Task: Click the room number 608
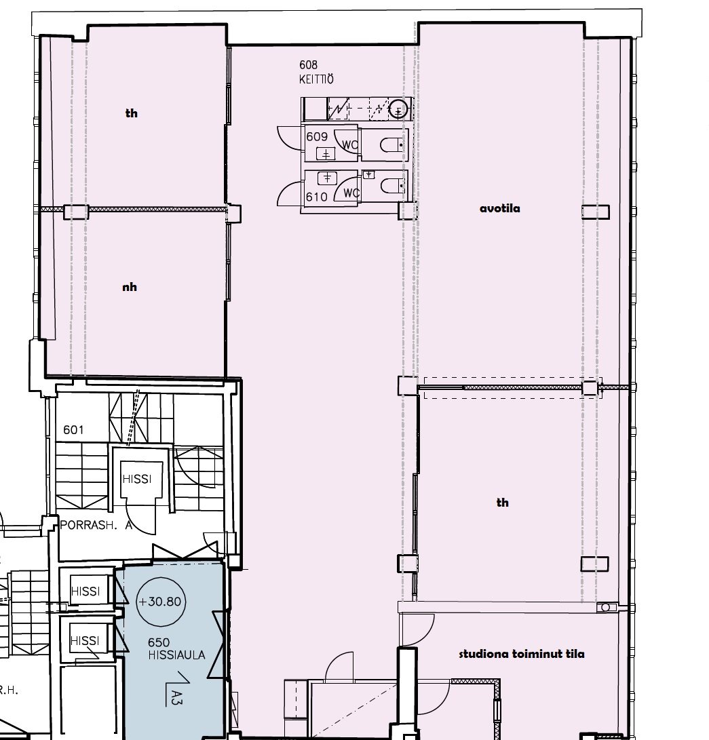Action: [x=308, y=64]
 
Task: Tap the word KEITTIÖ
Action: [x=316, y=79]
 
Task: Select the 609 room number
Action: [x=317, y=136]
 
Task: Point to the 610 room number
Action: [x=317, y=197]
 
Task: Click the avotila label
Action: [x=500, y=208]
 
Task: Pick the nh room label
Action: [x=130, y=287]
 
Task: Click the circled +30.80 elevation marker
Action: [x=161, y=601]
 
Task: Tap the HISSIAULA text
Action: [x=176, y=655]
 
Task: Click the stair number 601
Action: [x=74, y=430]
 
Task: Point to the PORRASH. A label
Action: [x=96, y=525]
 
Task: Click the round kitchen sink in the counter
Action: [x=398, y=109]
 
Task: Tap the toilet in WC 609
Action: [x=391, y=145]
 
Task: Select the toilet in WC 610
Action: [x=391, y=186]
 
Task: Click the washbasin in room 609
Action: [x=326, y=153]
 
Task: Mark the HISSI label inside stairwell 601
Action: [x=137, y=479]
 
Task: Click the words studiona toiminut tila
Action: [x=522, y=654]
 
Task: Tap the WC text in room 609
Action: [x=350, y=145]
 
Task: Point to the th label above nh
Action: [x=131, y=113]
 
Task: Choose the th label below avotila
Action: [x=503, y=503]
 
